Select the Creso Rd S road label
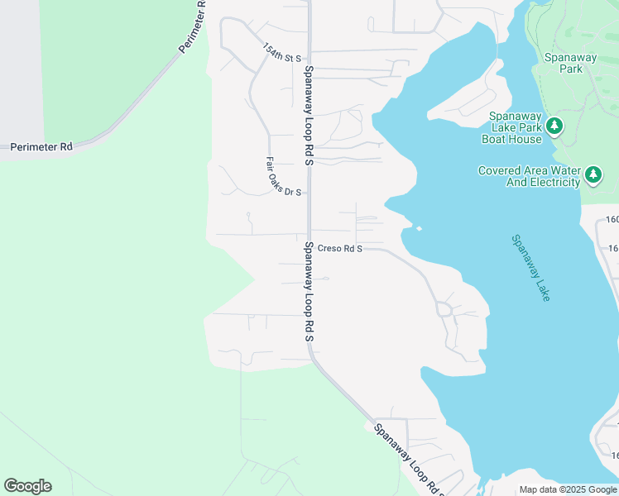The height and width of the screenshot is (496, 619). click(340, 247)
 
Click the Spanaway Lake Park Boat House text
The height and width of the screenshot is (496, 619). click(513, 127)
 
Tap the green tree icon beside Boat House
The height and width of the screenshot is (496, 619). click(555, 126)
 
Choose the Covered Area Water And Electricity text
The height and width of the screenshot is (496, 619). click(529, 176)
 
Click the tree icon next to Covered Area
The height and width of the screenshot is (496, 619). click(593, 175)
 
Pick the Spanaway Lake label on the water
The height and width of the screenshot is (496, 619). click(530, 268)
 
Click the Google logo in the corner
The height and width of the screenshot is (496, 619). click(27, 486)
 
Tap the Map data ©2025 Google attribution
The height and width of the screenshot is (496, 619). click(568, 489)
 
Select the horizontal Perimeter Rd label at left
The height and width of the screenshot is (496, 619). click(41, 147)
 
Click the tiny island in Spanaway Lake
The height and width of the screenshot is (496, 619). click(419, 229)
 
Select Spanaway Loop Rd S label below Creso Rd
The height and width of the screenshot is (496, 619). click(309, 293)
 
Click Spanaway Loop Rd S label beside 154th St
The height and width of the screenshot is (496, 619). click(309, 116)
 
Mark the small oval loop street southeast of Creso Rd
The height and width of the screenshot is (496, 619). click(444, 310)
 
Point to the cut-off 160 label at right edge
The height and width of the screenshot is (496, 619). click(612, 220)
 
